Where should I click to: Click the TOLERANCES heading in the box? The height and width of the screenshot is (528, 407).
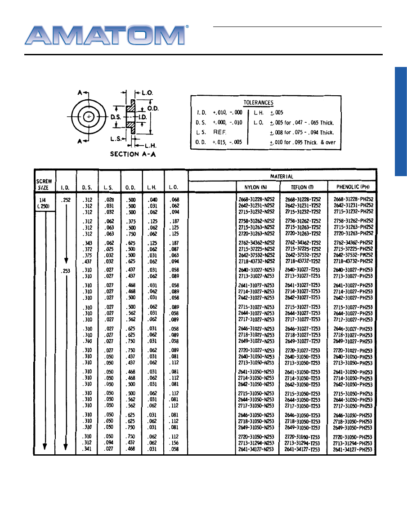pos(258,103)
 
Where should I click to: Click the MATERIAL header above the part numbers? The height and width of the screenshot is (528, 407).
pos(282,177)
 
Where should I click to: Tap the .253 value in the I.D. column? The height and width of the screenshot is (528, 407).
pos(66,270)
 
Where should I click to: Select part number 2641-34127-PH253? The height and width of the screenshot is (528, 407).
pos(353,449)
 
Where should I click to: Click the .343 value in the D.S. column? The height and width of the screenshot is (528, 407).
pos(87,243)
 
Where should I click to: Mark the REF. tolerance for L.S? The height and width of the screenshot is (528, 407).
pos(220,132)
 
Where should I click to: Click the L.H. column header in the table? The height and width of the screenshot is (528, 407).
pos(152,187)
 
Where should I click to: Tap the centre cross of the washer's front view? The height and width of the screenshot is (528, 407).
pos(89,116)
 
